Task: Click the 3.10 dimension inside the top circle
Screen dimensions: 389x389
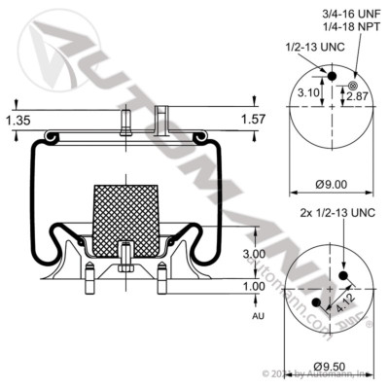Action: point(308,93)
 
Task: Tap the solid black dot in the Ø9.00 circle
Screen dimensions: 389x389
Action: point(330,78)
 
